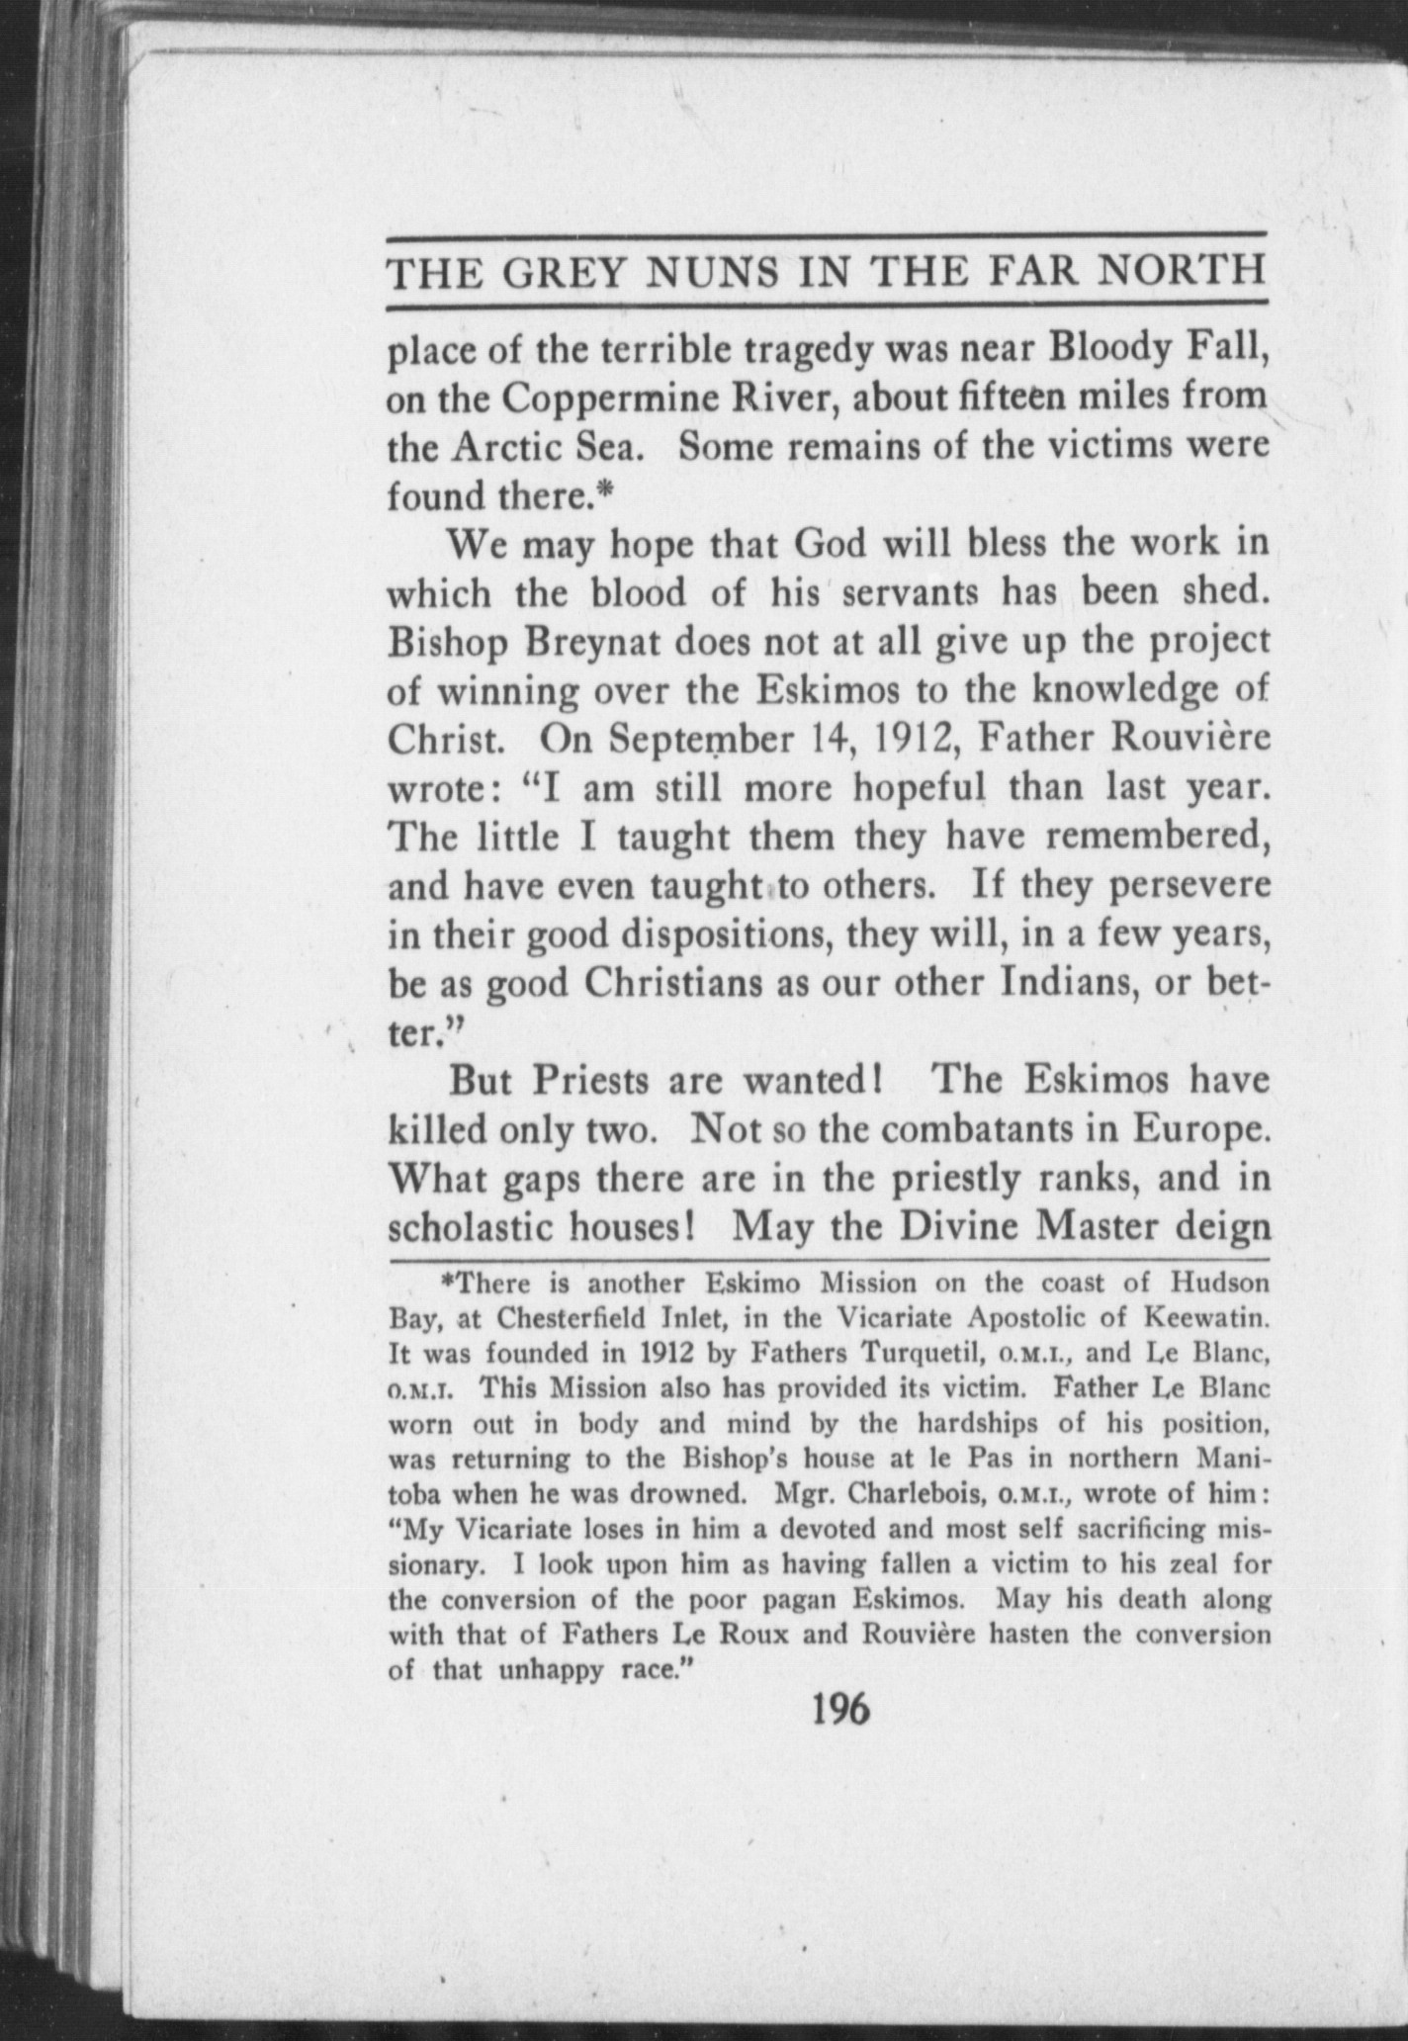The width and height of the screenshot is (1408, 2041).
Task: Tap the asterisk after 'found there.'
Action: pos(608,490)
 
